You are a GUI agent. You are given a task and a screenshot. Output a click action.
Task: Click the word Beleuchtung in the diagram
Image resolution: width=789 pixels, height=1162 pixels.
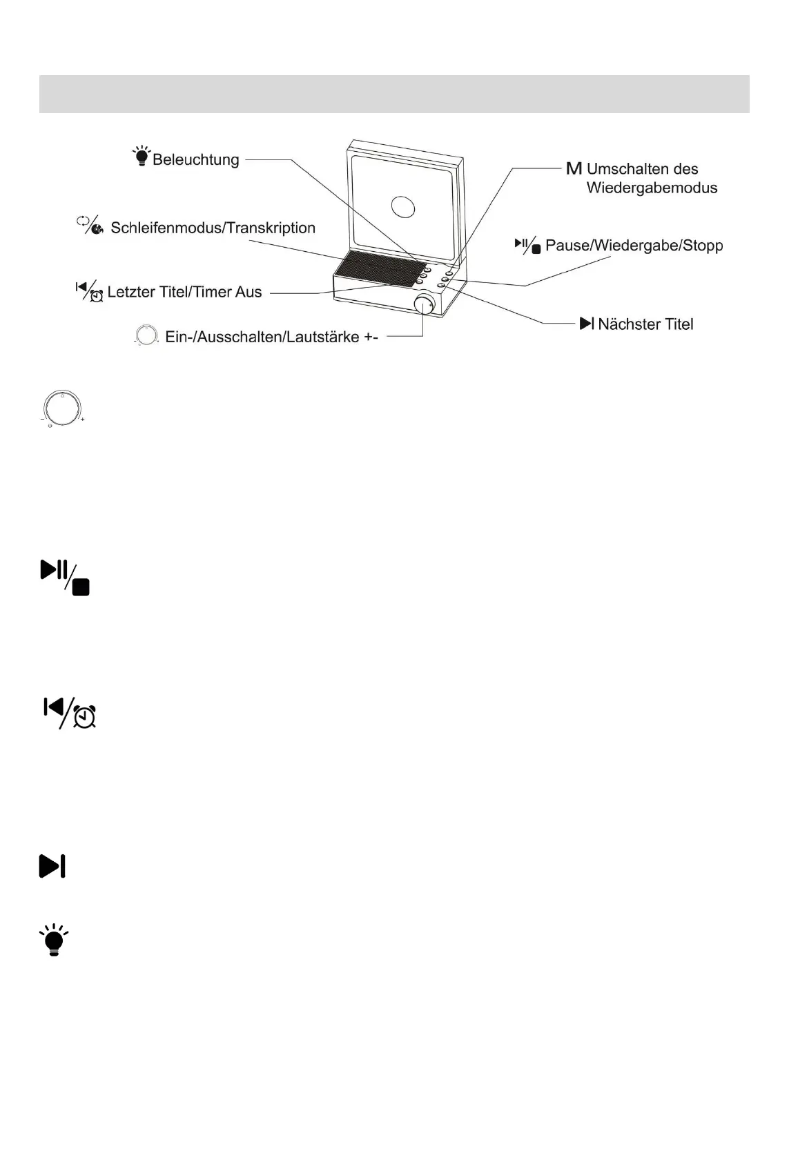pyautogui.click(x=196, y=160)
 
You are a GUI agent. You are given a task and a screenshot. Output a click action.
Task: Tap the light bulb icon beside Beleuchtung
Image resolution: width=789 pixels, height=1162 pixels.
pyautogui.click(x=142, y=156)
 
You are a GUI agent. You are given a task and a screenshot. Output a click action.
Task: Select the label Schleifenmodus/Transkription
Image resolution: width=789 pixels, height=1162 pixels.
pyautogui.click(x=213, y=228)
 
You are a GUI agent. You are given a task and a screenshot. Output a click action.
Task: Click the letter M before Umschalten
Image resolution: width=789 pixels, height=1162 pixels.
pyautogui.click(x=574, y=169)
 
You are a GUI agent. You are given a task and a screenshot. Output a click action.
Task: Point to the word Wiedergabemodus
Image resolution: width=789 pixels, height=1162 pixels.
pyautogui.click(x=652, y=188)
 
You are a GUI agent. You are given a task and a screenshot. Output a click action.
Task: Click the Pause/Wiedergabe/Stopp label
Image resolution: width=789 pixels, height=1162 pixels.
pyautogui.click(x=634, y=246)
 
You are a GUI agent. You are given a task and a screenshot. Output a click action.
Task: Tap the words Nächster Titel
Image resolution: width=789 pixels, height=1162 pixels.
pyautogui.click(x=645, y=324)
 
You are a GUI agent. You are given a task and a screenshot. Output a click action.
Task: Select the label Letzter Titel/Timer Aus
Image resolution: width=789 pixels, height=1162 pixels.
pyautogui.click(x=184, y=292)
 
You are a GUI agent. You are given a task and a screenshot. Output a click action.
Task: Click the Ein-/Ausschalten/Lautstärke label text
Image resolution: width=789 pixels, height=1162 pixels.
pyautogui.click(x=271, y=337)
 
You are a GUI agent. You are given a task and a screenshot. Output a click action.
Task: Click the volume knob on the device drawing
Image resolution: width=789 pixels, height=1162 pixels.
pyautogui.click(x=425, y=304)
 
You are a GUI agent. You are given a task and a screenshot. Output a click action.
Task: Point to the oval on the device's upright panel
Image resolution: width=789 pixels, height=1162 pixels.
pyautogui.click(x=402, y=206)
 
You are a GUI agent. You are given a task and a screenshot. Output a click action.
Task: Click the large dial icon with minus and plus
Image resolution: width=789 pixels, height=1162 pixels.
pyautogui.click(x=62, y=408)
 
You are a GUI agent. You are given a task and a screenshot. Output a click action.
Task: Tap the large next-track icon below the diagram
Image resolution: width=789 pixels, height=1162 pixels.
pyautogui.click(x=52, y=866)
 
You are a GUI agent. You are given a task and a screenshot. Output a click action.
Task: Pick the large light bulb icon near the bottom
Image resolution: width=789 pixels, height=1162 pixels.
pyautogui.click(x=54, y=940)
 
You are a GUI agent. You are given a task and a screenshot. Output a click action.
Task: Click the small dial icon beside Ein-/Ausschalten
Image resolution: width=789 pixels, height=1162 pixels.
pyautogui.click(x=146, y=335)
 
